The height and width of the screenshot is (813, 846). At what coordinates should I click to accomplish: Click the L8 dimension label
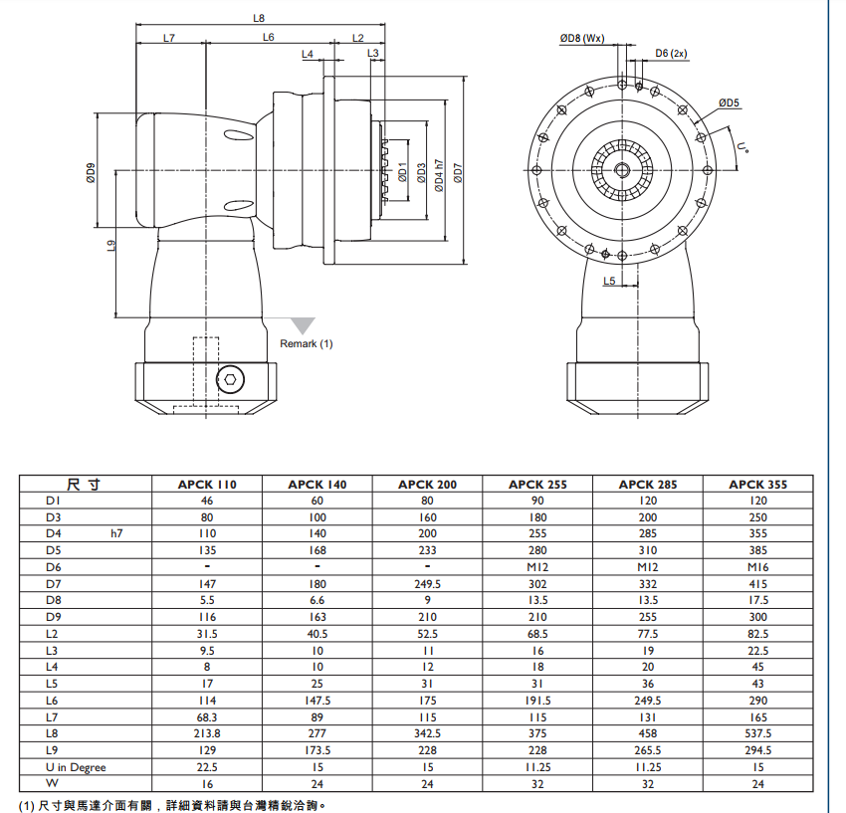pos(260,18)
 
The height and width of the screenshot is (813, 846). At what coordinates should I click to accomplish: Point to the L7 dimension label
pos(168,38)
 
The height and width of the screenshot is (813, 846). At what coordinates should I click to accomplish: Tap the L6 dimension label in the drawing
pos(269,38)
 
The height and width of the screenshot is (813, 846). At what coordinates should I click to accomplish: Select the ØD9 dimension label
pos(91,173)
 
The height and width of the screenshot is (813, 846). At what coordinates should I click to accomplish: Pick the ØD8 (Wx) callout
pos(582,38)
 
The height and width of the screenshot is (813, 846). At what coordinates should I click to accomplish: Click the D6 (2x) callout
pos(672,53)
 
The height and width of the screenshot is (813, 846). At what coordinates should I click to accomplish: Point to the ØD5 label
pos(730,102)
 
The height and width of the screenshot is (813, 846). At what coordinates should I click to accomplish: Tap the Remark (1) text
pos(307,343)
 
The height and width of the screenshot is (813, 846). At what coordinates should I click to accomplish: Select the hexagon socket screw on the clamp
pos(232,378)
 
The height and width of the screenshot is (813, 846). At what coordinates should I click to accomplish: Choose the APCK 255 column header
pos(537,485)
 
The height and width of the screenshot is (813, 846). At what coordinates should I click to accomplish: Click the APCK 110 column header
pos(207,485)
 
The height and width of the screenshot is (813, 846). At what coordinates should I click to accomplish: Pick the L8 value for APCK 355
pos(757,733)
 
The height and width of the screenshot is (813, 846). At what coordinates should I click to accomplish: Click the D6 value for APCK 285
pos(648,567)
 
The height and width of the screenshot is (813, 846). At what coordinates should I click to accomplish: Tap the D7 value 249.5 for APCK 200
pos(427,584)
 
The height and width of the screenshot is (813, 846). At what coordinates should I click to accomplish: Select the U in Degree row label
pos(76,767)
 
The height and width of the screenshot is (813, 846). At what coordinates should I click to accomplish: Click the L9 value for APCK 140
pos(317,750)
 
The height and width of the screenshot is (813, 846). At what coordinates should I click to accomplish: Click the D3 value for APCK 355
pos(757,517)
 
